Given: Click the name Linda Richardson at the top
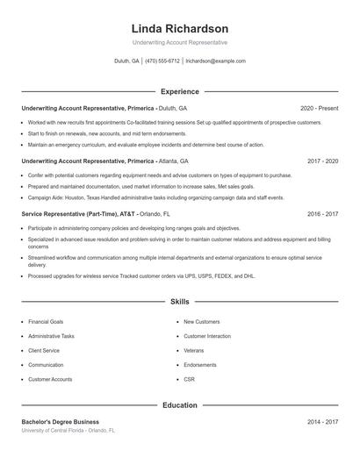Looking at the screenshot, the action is point(179,29).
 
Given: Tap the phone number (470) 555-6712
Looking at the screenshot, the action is point(162,61).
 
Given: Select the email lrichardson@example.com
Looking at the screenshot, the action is point(216,61).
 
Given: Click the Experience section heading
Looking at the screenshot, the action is point(179,91).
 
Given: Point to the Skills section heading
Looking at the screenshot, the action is point(179,302).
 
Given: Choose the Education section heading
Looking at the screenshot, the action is point(179,405).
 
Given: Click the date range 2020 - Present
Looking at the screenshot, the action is point(319,108).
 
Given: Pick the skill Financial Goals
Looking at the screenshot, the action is point(46,322).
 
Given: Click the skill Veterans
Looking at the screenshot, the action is point(193,351).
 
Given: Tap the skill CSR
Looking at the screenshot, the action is point(189,379).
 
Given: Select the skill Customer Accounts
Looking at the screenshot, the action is point(50,379).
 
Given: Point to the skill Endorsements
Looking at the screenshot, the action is point(200,365).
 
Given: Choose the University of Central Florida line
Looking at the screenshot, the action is point(68,431).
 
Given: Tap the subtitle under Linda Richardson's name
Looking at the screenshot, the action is point(179,42).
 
